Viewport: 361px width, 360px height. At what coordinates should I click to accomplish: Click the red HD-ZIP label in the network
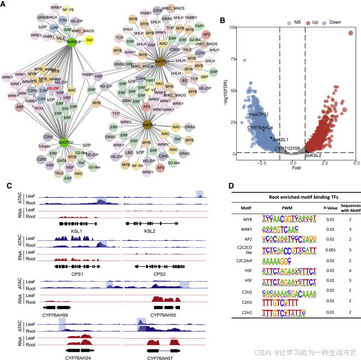[x=53, y=87]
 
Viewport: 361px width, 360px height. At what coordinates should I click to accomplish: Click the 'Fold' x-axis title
[x=295, y=169]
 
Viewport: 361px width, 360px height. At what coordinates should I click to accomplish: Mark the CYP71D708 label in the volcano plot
[x=287, y=148]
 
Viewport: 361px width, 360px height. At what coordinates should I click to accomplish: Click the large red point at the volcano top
[x=351, y=33]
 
